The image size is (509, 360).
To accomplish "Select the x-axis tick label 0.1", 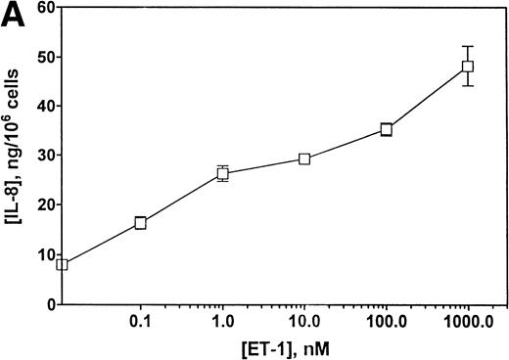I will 140,320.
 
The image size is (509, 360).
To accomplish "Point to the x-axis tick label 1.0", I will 222,320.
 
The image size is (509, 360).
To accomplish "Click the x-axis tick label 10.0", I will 304,320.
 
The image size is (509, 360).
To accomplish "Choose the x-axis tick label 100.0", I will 387,320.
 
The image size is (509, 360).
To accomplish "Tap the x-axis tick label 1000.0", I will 468,320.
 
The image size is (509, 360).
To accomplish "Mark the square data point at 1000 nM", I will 468,67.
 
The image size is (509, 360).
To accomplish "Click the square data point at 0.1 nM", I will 140,223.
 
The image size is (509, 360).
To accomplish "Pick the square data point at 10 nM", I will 304,158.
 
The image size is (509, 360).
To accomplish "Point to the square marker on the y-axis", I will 63,264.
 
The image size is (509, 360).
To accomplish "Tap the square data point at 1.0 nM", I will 222,174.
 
